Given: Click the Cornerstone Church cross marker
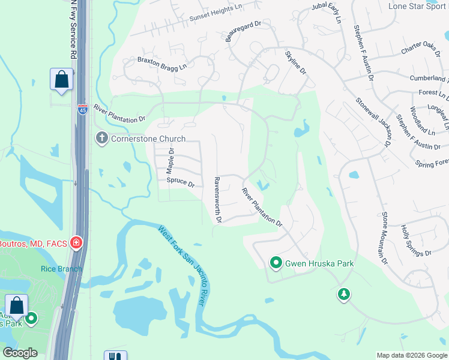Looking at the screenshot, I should tap(101, 139).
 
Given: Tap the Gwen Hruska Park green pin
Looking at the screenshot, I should tap(276, 263).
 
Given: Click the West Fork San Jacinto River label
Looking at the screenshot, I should tap(182, 265).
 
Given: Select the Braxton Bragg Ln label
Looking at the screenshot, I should tap(162, 63).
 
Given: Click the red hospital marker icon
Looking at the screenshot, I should tap(76, 243).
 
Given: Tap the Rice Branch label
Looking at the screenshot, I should tap(61, 269).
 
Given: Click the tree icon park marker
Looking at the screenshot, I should tap(344, 294).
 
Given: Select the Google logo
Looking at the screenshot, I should tap(20, 353).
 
